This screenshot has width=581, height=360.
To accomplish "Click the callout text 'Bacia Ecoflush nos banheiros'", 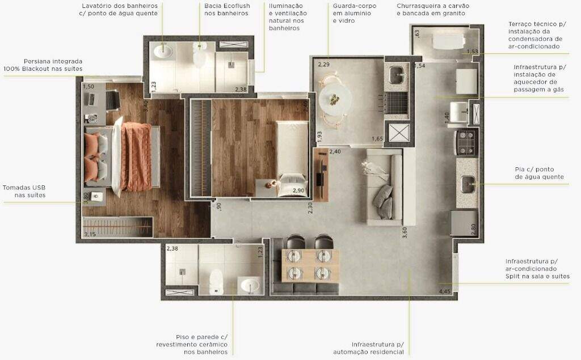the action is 227,10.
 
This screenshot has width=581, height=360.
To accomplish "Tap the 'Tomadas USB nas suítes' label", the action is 24,192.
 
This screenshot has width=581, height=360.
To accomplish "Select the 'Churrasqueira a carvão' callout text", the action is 433,6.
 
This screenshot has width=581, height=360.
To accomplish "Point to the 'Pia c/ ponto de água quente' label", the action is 539,173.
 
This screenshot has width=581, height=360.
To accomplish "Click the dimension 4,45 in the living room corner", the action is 445,291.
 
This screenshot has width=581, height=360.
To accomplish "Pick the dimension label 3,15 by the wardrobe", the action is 90,234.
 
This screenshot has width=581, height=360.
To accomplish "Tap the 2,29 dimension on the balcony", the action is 323,65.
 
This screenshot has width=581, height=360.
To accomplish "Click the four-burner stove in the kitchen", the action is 466,143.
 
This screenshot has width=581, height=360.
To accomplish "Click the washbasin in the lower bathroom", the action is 250,286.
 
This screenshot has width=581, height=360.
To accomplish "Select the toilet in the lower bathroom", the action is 216,282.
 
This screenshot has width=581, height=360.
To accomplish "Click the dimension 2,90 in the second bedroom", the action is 298,190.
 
